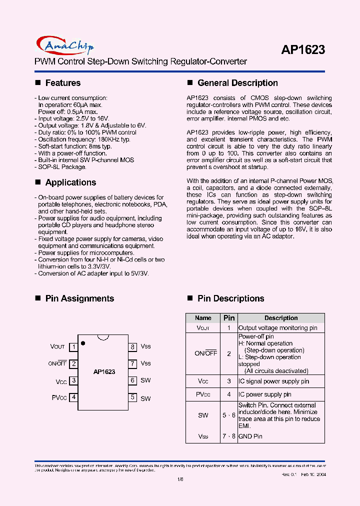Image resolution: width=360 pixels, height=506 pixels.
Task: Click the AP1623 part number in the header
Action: pos(303,49)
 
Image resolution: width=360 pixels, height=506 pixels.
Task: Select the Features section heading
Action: pos(62,83)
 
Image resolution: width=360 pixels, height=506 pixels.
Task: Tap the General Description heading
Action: pos(237,83)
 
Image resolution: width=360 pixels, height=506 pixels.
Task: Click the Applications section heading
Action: pos(70,182)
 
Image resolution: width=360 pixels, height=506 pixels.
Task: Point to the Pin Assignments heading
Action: pos(79,298)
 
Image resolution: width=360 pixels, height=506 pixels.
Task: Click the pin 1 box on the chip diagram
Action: pos(73,346)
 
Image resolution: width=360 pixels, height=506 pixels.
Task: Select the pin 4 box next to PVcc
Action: pos(73,397)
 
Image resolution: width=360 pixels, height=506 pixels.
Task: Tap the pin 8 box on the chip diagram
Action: pos(132,346)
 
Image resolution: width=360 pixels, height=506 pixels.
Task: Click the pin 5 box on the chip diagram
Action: pos(132,397)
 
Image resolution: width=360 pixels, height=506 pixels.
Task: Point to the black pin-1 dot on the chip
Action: pos(82,343)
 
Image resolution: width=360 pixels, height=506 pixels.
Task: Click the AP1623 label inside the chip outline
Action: pos(104,372)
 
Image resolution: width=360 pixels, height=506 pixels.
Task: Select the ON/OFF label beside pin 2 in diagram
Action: pos(57,363)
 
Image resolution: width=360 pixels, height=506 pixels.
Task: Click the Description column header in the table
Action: pos(281,318)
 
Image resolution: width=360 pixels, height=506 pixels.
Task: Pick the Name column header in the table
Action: pos(203,318)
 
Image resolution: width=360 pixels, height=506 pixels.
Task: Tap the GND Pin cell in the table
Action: pos(250,436)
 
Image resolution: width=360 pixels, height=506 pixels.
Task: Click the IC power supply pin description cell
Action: pos(266,394)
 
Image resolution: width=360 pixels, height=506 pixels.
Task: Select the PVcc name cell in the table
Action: pos(203,394)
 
